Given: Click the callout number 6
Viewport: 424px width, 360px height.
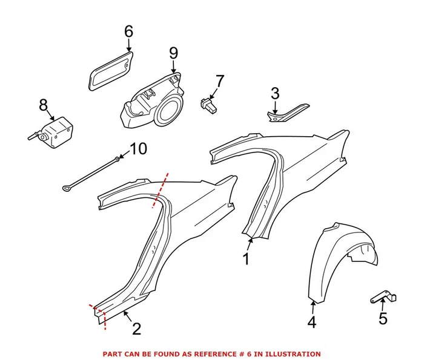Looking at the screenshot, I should tap(128, 30).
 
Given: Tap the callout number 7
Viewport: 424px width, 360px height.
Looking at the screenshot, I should tap(219, 80).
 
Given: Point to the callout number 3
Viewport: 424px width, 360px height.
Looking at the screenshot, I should tap(274, 93).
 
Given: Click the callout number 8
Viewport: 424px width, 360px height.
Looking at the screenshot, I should tap(43, 105).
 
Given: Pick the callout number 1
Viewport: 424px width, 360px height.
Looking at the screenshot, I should tap(246, 259).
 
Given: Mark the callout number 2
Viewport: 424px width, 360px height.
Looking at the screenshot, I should tap(136, 329).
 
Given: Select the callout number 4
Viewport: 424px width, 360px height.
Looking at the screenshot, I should tap(311, 322).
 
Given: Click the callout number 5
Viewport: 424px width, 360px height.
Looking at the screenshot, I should tap(382, 318).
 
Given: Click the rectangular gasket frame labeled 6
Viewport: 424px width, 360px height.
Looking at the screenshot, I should tap(110, 71).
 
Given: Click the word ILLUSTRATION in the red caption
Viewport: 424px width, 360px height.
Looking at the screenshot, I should tap(290, 353).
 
